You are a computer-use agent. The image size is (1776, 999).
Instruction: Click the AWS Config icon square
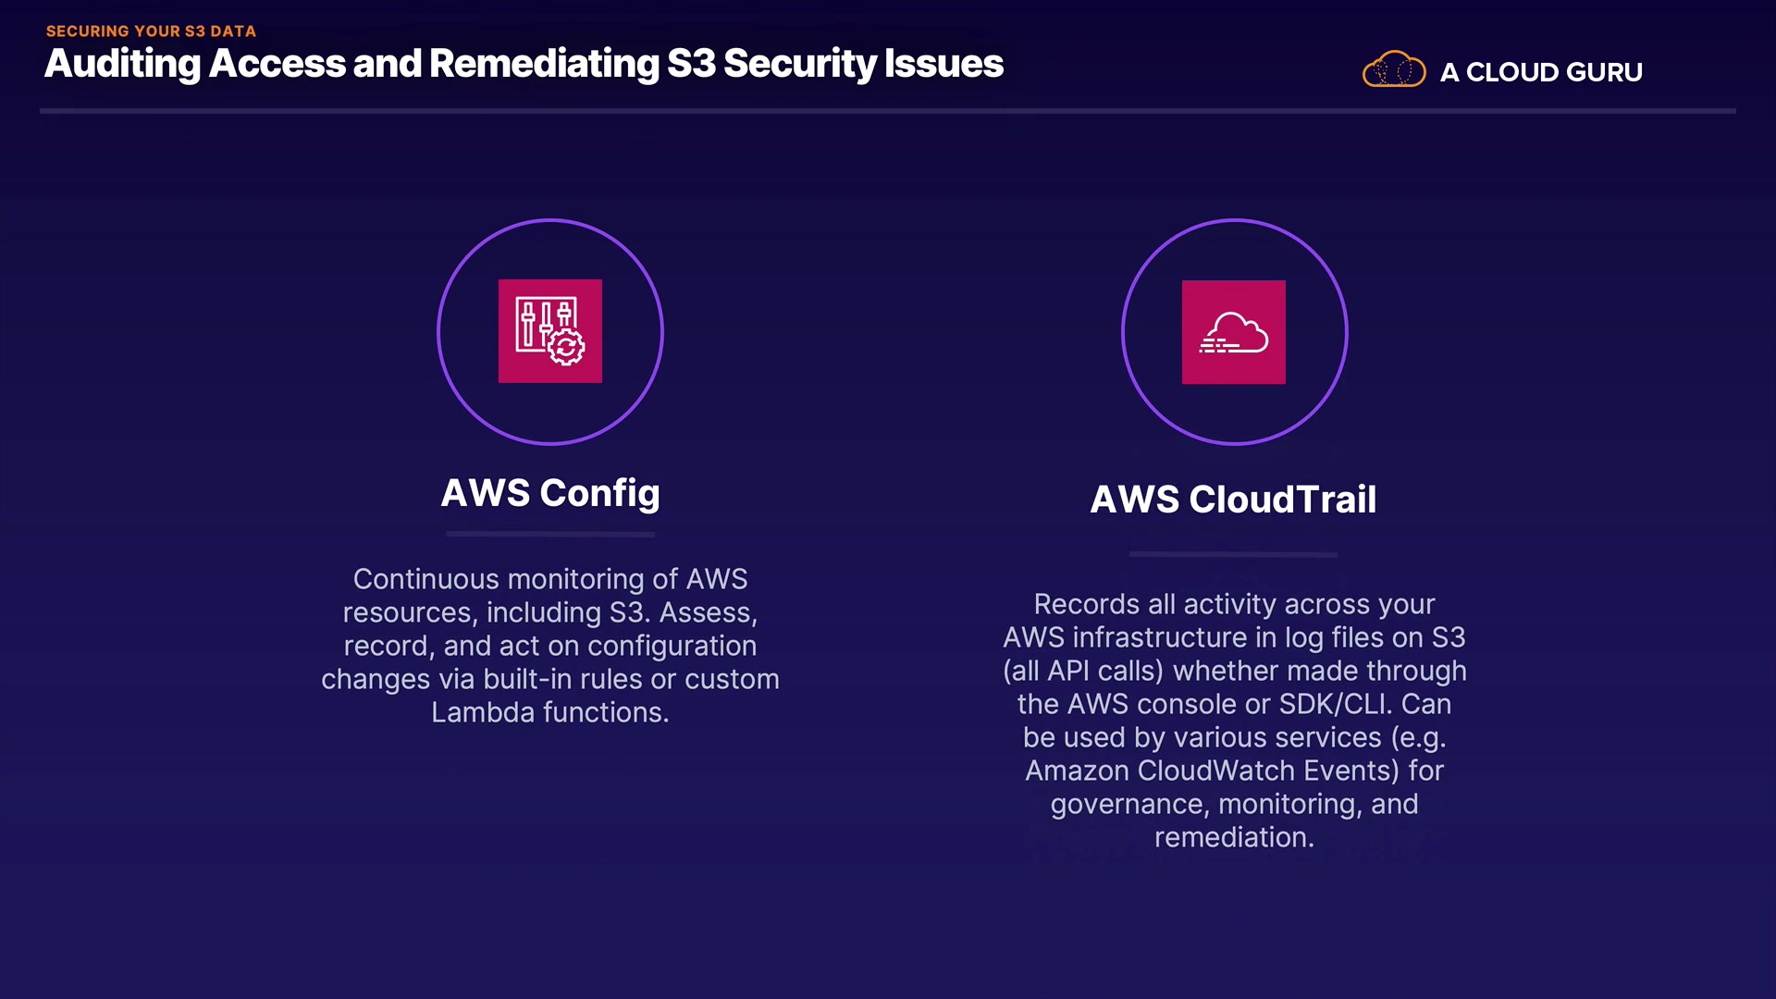(x=549, y=330)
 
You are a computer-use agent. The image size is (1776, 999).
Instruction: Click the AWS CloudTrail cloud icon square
(x=1233, y=331)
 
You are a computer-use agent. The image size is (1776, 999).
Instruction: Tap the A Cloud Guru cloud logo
(x=1393, y=69)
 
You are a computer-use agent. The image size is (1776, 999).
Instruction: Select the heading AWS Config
(x=550, y=493)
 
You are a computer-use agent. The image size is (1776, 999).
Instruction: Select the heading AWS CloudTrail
(x=1233, y=499)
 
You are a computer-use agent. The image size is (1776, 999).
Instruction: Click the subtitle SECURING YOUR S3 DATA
(x=151, y=31)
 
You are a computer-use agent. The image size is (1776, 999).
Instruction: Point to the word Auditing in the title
(x=122, y=64)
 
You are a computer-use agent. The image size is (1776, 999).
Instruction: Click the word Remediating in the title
(x=544, y=64)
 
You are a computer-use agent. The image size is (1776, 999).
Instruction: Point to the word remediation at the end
(x=1233, y=837)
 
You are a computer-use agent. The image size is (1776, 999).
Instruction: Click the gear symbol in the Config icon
(x=566, y=347)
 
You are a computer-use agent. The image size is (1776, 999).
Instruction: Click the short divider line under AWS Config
(x=550, y=534)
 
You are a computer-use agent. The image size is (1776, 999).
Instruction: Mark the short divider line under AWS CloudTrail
(x=1233, y=554)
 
